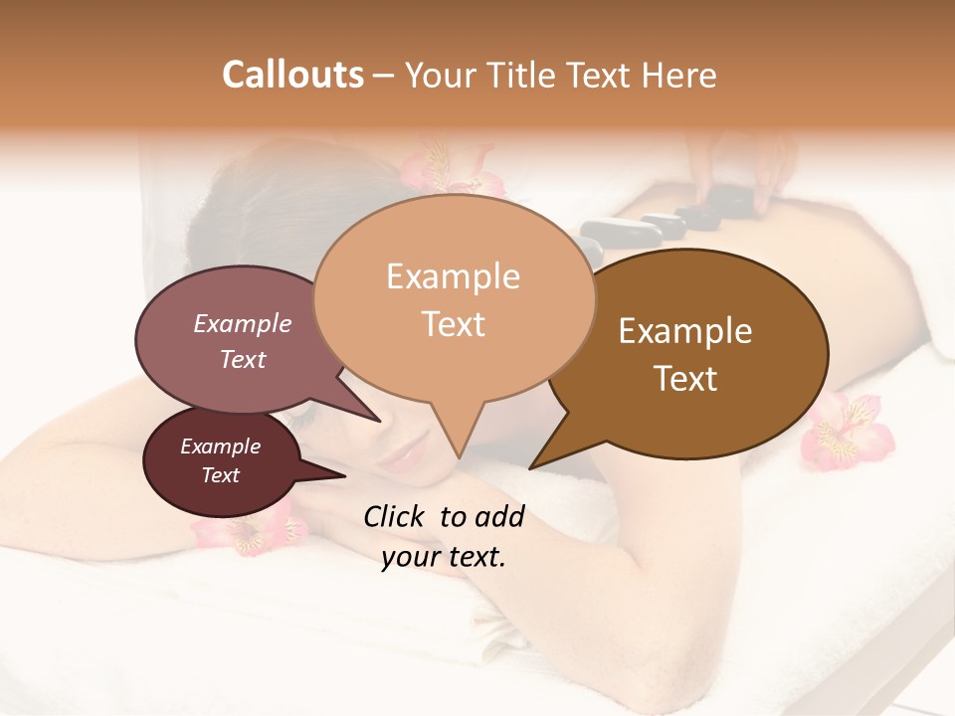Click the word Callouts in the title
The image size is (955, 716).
coord(292,75)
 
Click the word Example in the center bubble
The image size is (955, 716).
coord(453,276)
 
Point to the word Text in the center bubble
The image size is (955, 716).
coord(453,324)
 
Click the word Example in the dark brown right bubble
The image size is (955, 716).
coord(685,331)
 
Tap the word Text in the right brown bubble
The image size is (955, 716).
coord(685,379)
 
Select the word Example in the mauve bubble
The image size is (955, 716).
coord(243,323)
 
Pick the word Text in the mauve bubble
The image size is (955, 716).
coord(243,359)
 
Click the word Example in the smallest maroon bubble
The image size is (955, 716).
coord(221,447)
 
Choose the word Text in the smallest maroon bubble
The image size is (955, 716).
coord(221,475)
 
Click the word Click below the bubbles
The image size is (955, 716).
coord(394,516)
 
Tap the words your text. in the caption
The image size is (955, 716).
coord(444,557)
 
